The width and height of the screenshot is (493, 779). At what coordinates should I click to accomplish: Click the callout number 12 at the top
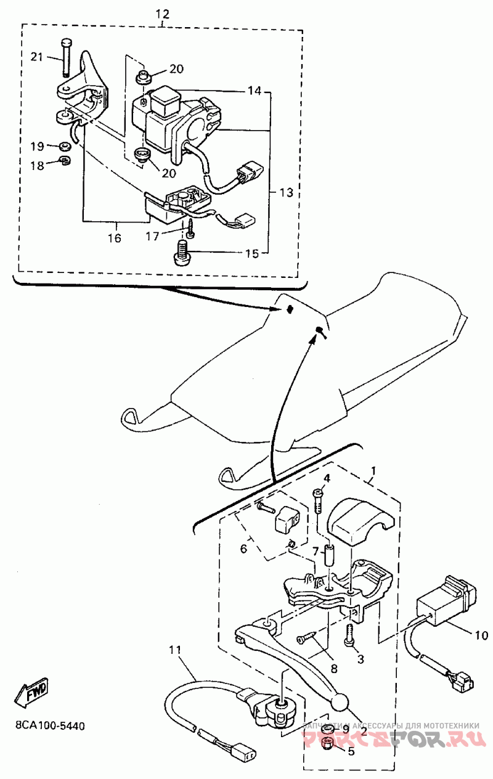click(162, 13)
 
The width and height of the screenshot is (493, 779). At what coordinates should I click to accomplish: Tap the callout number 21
click(38, 57)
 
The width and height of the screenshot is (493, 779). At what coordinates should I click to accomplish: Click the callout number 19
click(38, 146)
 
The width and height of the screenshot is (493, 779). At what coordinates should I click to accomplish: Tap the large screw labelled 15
click(181, 253)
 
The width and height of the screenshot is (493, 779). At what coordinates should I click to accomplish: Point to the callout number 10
click(481, 634)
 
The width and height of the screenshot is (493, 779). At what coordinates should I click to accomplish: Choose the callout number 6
click(243, 547)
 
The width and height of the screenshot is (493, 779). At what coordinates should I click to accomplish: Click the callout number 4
click(327, 478)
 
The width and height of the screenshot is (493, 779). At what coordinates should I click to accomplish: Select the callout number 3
click(361, 659)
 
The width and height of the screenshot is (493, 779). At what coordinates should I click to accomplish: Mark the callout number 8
click(335, 667)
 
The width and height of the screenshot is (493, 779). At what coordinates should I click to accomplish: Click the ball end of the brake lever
click(340, 702)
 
